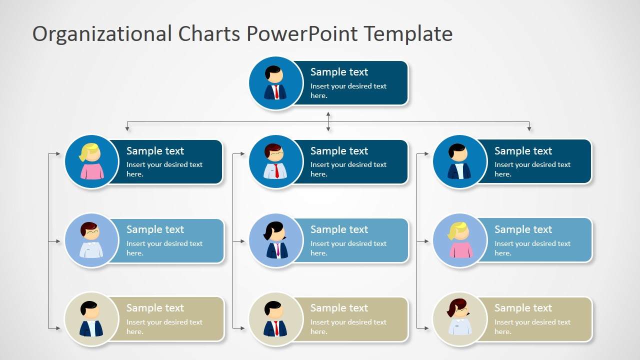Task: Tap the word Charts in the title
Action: pyautogui.click(x=209, y=33)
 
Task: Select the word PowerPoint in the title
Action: pyautogui.click(x=302, y=33)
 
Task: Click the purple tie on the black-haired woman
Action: pyautogui.click(x=277, y=249)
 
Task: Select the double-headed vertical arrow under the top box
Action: pyautogui.click(x=328, y=121)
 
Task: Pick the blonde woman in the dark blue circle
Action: pyautogui.click(x=91, y=161)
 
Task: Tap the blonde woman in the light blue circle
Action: pyautogui.click(x=459, y=240)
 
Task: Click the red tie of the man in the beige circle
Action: pyautogui.click(x=276, y=328)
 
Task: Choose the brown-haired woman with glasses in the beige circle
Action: pyautogui.click(x=459, y=316)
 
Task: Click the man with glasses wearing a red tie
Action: pyautogui.click(x=275, y=161)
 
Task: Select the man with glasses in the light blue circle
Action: pyautogui.click(x=91, y=240)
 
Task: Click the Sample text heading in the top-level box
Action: pyautogui.click(x=339, y=72)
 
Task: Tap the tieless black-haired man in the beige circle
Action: pyautogui.click(x=91, y=318)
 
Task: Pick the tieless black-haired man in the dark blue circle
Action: pyautogui.click(x=459, y=161)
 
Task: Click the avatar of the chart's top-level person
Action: pyautogui.click(x=275, y=83)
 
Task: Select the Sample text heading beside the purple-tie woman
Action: pyautogui.click(x=339, y=229)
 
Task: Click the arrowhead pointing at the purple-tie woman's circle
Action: pyautogui.click(x=242, y=241)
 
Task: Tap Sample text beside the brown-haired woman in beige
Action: pyautogui.click(x=523, y=308)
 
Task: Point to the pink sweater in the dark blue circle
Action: pyautogui.click(x=92, y=171)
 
